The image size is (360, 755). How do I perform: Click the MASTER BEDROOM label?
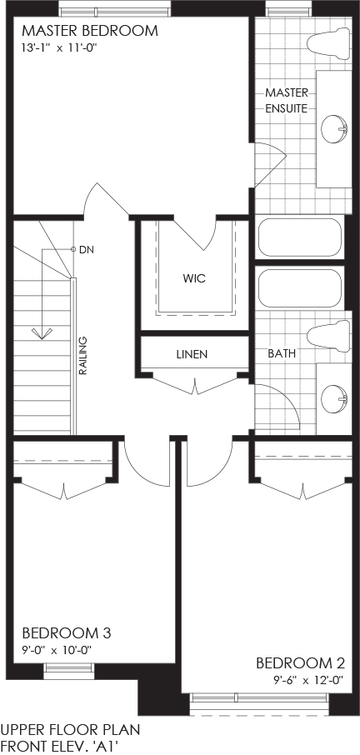pos(90,31)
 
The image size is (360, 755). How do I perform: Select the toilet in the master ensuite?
pos(330,42)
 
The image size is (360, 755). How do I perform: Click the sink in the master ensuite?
pos(334,128)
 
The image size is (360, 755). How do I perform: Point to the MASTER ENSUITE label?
pos(287,100)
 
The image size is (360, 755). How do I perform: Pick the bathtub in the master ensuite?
pos(300,237)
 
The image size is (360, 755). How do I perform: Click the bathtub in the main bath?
pos(300,288)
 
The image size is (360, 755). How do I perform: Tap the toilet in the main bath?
pos(329,336)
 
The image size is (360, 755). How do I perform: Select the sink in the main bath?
pos(334,398)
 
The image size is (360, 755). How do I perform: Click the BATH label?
pos(282,353)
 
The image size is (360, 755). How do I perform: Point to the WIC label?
pos(195,278)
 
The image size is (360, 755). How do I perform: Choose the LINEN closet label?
pos(192,354)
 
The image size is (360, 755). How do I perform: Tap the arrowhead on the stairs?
pos(42,333)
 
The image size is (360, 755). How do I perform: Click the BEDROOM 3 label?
pos(67,632)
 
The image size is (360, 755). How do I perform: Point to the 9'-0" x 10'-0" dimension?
pos(57,650)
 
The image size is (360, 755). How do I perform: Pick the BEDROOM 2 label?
pos(300,663)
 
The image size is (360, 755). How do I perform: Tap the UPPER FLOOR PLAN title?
pos(70,729)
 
